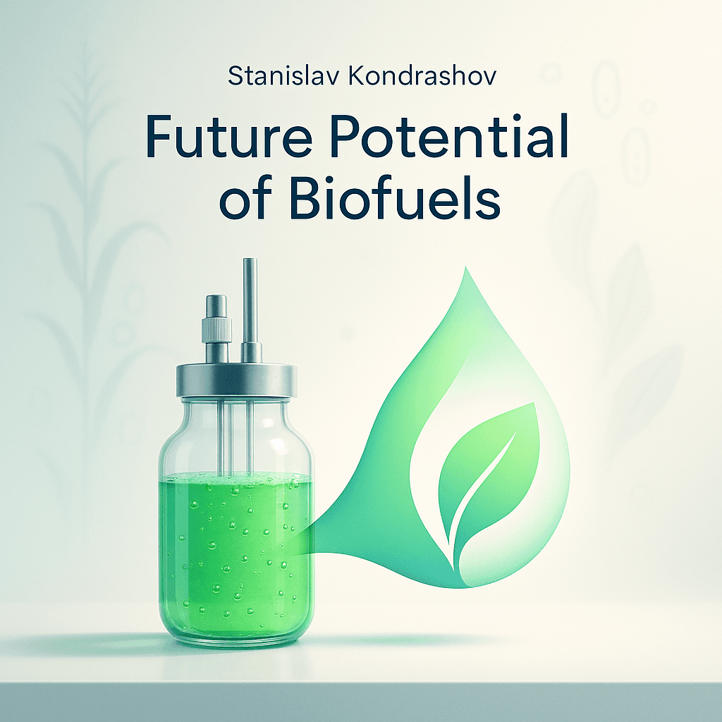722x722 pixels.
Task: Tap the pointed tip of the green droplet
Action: pos(465,271)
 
